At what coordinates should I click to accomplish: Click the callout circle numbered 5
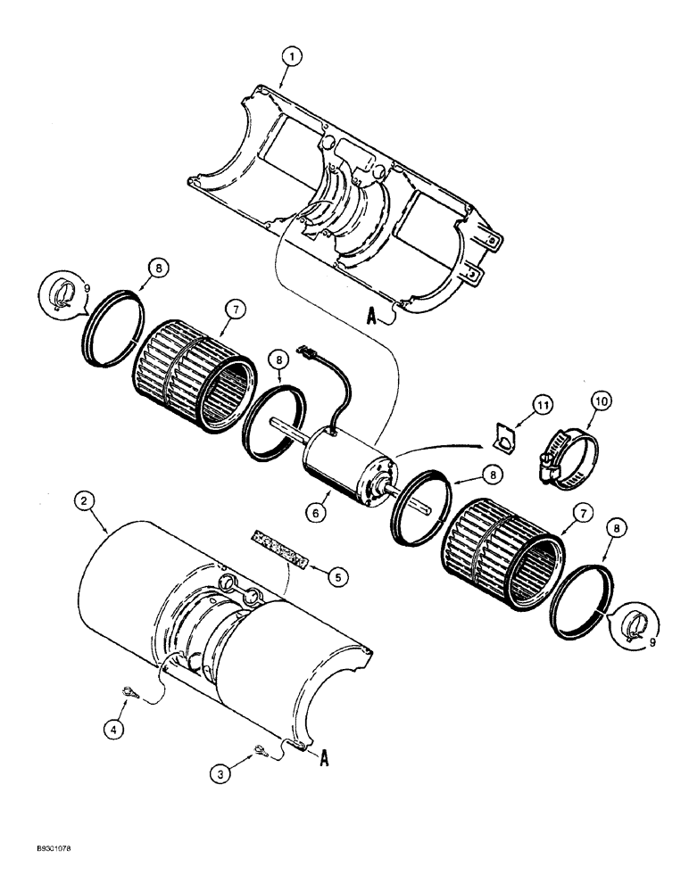(337, 578)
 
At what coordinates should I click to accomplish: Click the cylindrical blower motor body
(344, 465)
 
